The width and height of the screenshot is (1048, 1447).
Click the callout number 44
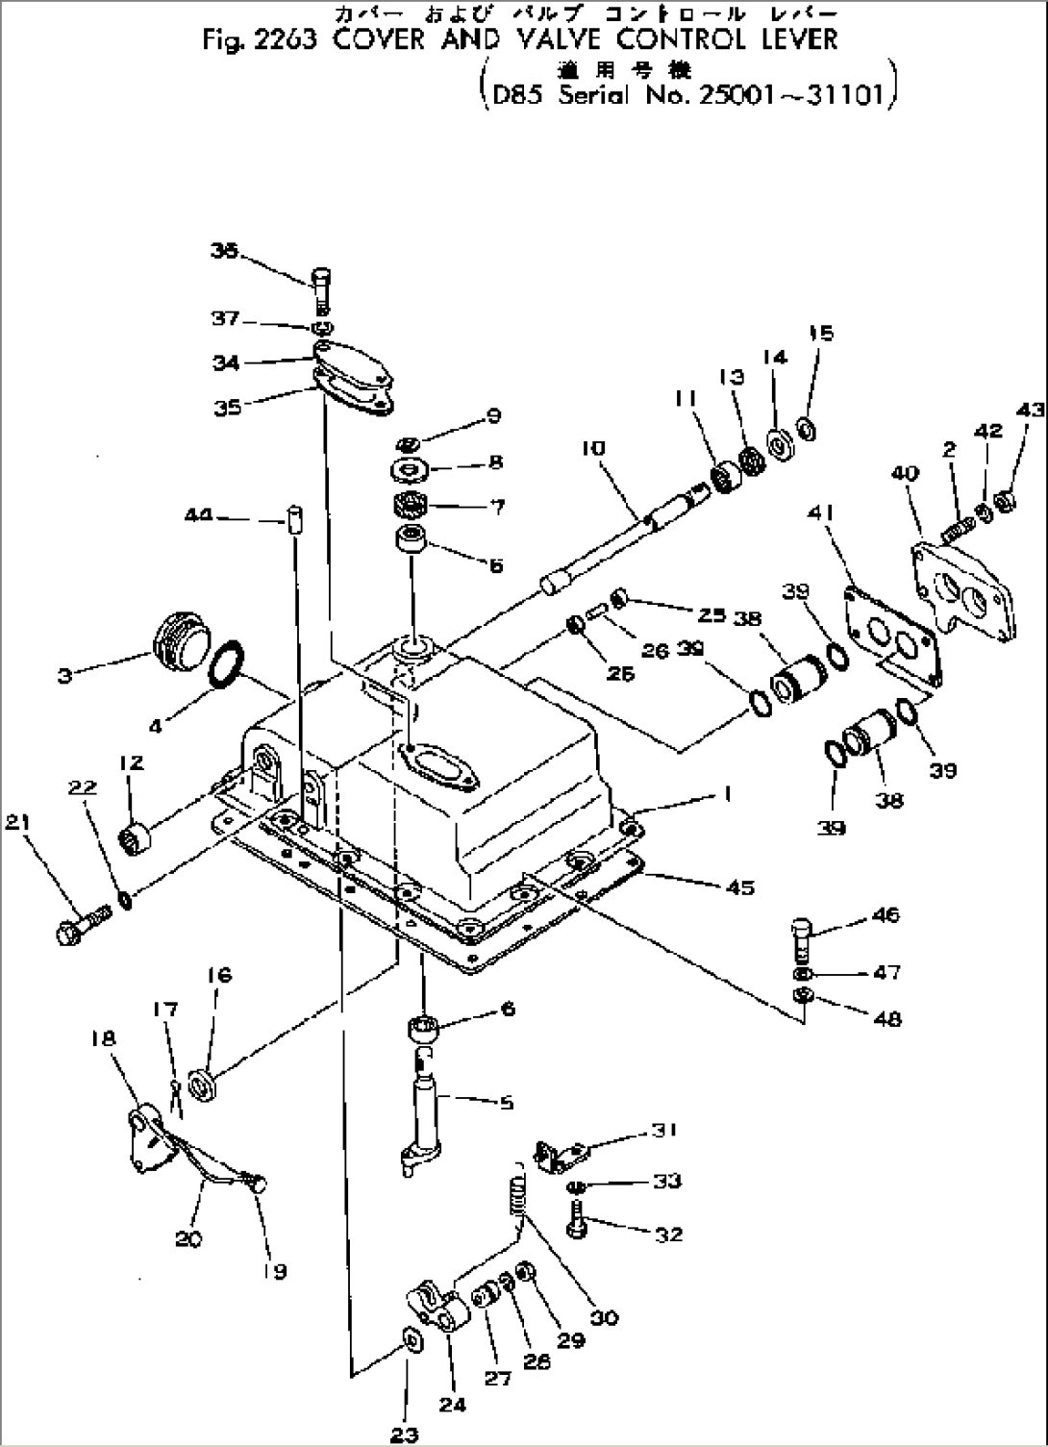(198, 517)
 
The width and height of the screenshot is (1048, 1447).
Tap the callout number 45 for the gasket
(741, 886)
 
